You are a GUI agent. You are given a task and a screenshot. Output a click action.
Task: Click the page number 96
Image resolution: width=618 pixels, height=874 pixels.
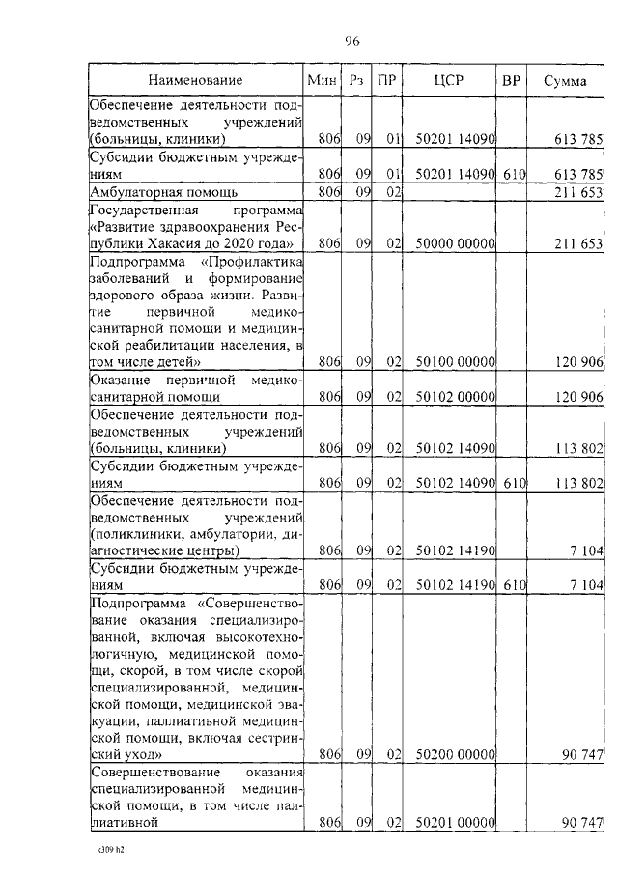(x=351, y=41)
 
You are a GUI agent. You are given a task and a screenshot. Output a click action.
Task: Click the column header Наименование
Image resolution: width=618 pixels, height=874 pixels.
(x=195, y=80)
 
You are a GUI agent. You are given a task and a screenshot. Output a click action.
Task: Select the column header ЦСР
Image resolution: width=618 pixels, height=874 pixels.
(x=449, y=80)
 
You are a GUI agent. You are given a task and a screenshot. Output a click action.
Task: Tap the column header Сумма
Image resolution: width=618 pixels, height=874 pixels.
(x=564, y=80)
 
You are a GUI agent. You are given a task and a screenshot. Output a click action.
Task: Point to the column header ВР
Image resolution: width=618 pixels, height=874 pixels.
(x=512, y=80)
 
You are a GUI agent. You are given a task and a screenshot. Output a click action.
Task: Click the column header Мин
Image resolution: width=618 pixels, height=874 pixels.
(x=321, y=80)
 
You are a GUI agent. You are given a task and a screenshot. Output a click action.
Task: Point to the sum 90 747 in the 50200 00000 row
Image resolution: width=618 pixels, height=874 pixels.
(x=582, y=754)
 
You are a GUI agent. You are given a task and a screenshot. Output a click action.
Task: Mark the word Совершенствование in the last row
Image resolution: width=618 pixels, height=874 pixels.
(x=151, y=773)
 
